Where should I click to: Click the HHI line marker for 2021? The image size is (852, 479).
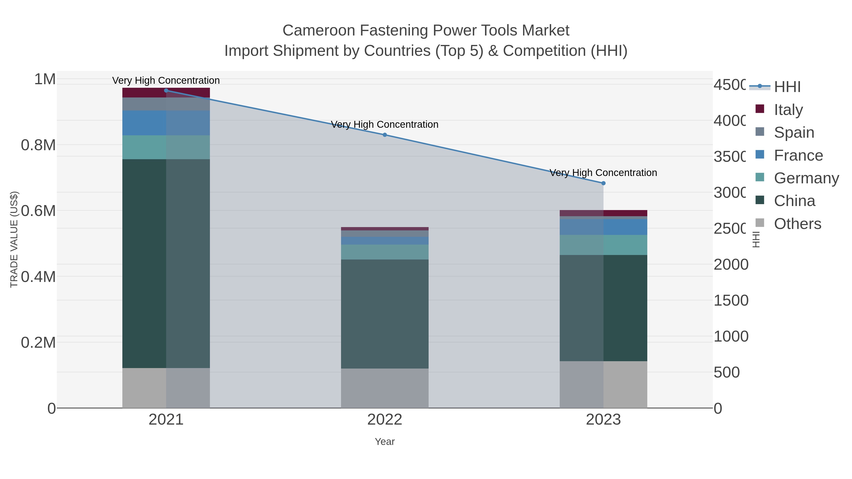point(166,91)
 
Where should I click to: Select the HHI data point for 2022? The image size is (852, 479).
point(385,135)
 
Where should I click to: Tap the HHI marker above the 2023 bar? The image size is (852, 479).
point(603,183)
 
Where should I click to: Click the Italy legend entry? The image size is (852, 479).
point(788,110)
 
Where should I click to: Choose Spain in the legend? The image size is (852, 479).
point(794,132)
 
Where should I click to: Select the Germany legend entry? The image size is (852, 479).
point(806,178)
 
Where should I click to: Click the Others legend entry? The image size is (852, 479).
point(797,224)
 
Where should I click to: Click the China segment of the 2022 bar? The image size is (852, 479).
point(385,314)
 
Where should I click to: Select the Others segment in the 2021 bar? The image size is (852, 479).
point(166,388)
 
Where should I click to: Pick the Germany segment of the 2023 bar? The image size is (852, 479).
point(603,245)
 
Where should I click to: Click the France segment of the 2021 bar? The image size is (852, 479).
point(166,123)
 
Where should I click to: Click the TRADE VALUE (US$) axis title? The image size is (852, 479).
point(14,239)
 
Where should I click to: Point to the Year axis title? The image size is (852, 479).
point(385,442)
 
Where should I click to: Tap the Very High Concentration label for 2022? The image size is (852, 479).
point(385,125)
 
